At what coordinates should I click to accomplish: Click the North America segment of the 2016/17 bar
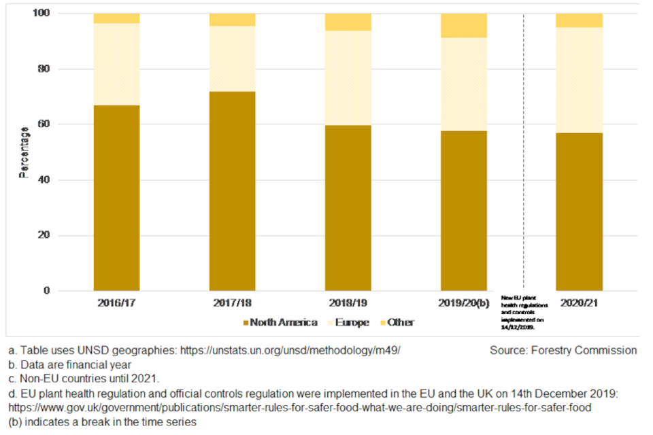[x=116, y=198]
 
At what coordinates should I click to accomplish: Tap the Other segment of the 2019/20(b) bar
[x=463, y=25]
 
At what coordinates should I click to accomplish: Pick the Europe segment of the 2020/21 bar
[x=579, y=80]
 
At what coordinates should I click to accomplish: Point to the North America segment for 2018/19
[x=348, y=208]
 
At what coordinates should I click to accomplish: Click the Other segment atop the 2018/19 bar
[x=348, y=22]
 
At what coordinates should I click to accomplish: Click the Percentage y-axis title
[x=24, y=152]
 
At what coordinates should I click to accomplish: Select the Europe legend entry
[x=351, y=322]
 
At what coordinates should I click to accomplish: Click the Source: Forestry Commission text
[x=563, y=351]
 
